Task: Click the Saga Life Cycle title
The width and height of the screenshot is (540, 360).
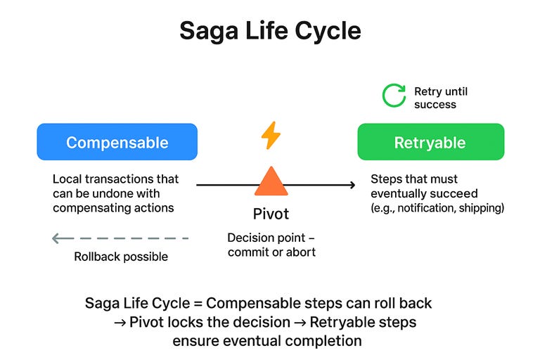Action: coord(270,32)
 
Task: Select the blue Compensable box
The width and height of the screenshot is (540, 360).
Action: coord(117,143)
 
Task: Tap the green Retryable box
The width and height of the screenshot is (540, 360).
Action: coord(430,143)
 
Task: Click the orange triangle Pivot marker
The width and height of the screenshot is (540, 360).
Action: coord(271,181)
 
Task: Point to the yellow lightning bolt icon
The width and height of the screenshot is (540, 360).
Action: coord(271,135)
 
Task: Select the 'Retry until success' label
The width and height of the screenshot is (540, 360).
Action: coord(440,98)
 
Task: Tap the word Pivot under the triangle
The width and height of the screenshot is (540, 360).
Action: coord(271,214)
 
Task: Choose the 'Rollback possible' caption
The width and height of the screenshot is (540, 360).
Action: coord(121,257)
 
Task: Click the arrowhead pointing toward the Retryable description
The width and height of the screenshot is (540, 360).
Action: coord(352,185)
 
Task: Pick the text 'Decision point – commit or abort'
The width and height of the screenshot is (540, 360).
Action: coord(271,245)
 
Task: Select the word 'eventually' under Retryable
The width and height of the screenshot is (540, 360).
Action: coord(398,193)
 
